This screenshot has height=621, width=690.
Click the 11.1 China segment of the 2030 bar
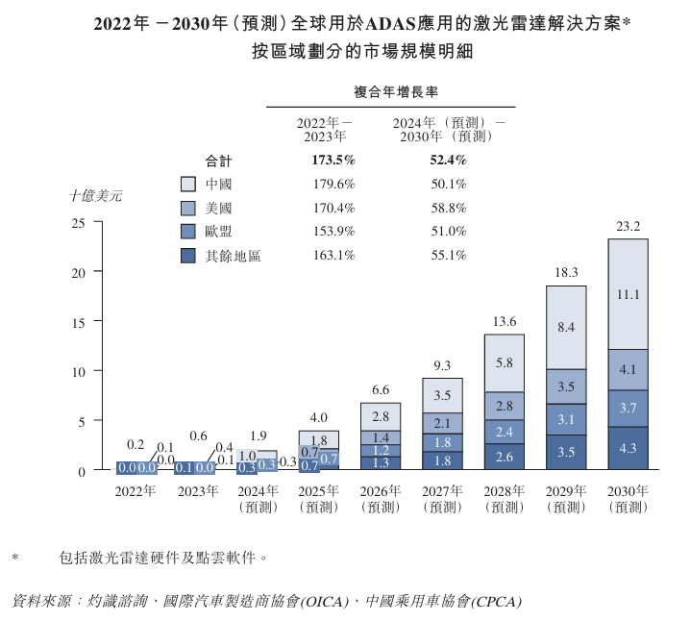[x=628, y=294]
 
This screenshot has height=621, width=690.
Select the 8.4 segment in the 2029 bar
[x=566, y=328]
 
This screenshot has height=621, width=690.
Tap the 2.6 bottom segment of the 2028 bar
[x=505, y=458]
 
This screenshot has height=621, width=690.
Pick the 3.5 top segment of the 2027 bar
[x=443, y=395]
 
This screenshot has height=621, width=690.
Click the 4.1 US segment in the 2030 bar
[x=628, y=368]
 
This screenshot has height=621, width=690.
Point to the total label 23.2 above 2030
[x=628, y=227]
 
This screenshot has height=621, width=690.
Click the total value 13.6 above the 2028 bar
[x=505, y=321]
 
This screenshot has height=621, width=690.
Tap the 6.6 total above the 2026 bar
[x=381, y=389]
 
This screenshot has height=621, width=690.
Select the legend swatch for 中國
[x=188, y=184]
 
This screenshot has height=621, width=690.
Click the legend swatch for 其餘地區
[x=188, y=256]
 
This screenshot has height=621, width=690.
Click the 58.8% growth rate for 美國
[x=448, y=208]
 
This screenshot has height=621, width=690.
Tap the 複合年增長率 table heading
[x=391, y=92]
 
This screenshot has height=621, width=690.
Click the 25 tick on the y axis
[x=80, y=223]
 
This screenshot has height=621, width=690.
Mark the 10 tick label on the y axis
[x=80, y=371]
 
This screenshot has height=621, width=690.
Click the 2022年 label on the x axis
[x=135, y=491]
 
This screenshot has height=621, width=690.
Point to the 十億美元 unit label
[x=95, y=195]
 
